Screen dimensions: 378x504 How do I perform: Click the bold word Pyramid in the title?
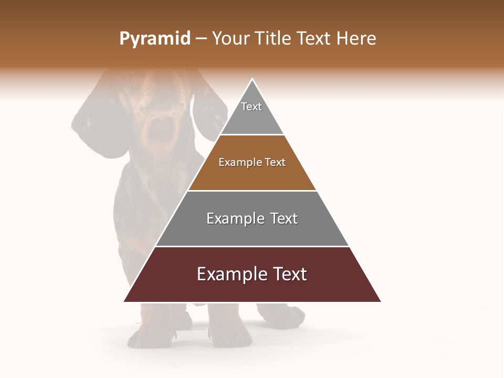click(154, 39)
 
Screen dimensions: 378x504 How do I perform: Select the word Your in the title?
click(231, 39)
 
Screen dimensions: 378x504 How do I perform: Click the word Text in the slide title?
click(314, 39)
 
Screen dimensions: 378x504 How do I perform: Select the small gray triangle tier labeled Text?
click(251, 113)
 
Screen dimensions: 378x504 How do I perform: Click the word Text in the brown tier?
click(276, 163)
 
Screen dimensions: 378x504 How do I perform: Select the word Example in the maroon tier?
click(232, 274)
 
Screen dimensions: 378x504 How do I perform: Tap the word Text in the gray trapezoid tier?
click(284, 218)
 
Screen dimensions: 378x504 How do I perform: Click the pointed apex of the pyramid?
click(252, 80)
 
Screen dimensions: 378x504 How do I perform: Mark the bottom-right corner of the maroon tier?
click(380, 301)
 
